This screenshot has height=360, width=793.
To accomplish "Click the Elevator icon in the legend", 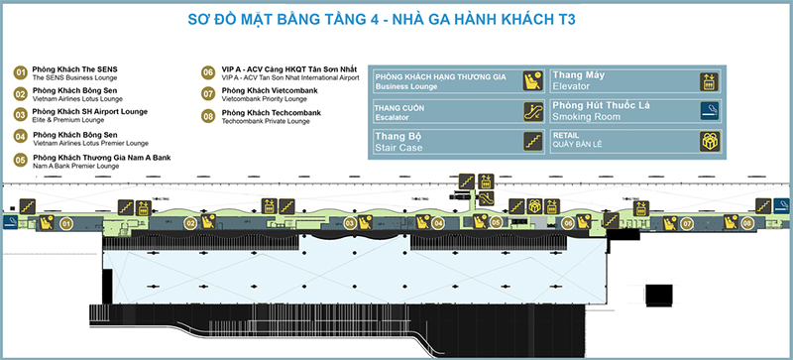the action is (x=708, y=81).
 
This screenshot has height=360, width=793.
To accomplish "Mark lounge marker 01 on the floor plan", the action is (x=67, y=224).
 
